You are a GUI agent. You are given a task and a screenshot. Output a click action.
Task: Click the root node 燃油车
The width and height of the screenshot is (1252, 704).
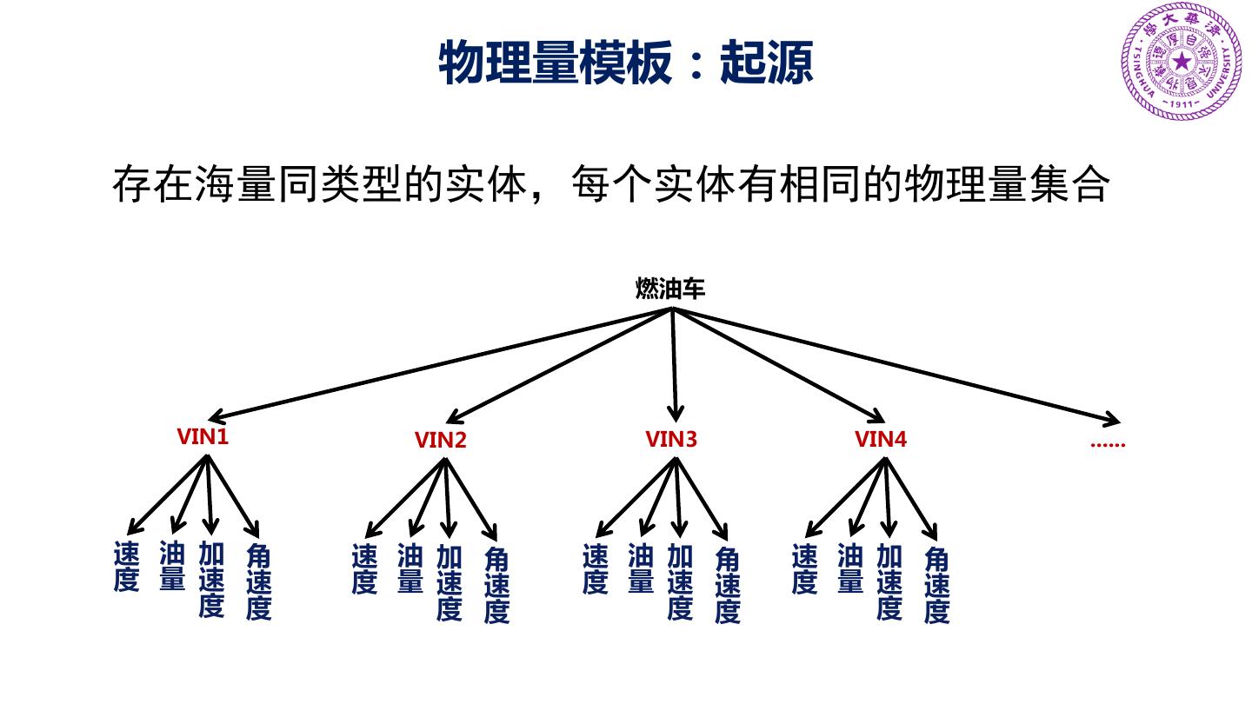670,289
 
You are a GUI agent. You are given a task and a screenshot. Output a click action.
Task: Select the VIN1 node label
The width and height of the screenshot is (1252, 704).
203,436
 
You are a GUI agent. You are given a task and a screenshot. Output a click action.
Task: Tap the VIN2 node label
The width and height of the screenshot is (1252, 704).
441,441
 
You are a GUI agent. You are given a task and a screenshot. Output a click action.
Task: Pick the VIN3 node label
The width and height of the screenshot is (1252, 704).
671,439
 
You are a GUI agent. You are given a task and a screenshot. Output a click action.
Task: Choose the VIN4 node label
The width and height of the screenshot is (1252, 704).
881,439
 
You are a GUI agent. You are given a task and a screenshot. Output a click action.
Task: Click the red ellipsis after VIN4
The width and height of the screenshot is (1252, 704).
1107,443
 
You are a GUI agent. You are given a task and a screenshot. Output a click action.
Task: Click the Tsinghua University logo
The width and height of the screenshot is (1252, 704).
1182,61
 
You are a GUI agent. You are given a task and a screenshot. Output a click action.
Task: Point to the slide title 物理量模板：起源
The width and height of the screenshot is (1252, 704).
626,63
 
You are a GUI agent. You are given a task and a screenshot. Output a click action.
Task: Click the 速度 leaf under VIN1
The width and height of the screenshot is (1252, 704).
127,567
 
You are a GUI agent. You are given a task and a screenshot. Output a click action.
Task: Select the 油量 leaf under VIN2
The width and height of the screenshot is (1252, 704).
410,568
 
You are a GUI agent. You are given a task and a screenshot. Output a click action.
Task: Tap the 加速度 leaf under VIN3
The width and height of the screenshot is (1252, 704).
680,581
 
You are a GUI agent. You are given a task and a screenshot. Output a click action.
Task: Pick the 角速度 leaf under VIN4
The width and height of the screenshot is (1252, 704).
936,584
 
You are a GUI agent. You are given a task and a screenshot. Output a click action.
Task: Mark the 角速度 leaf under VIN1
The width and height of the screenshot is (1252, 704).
259,581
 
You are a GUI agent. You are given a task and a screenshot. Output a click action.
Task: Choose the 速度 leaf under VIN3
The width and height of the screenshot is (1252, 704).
596,568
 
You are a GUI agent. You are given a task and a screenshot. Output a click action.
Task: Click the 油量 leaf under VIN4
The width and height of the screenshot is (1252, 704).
850,568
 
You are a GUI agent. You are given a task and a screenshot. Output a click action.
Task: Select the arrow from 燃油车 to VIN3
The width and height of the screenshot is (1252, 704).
674,365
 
